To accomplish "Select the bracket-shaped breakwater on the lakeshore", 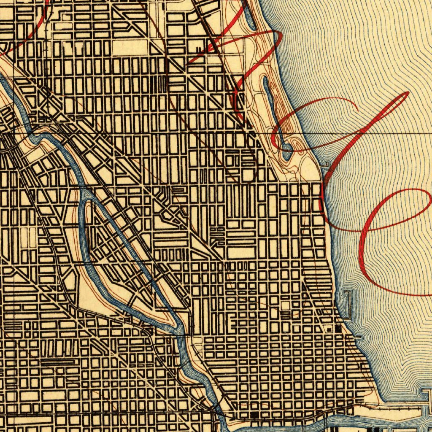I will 348,305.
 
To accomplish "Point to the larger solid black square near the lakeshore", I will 338,327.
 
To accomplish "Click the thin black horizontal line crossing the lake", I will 371,133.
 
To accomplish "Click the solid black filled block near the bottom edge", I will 254,415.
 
